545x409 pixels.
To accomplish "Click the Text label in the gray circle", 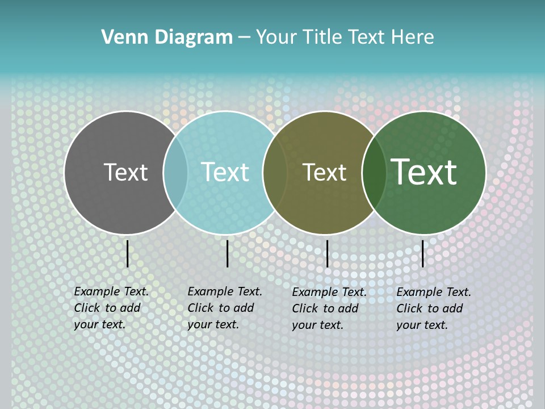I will coord(125,172).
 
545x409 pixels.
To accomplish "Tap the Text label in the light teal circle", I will coord(225,172).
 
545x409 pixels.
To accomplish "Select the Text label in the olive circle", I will coord(324,172).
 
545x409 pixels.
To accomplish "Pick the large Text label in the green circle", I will coord(424,172).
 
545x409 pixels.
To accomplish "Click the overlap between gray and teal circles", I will coord(175,173).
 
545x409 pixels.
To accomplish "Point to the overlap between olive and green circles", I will coord(374,173).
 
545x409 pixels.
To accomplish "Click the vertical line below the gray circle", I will coord(127,253).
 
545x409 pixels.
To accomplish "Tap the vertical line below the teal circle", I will coord(227,253).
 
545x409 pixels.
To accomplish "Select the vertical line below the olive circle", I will coord(327,253).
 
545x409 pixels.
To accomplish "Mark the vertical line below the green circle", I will coord(422,253).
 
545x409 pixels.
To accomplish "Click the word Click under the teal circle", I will coord(200,308).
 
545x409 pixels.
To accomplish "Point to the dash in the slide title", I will coord(244,37).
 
